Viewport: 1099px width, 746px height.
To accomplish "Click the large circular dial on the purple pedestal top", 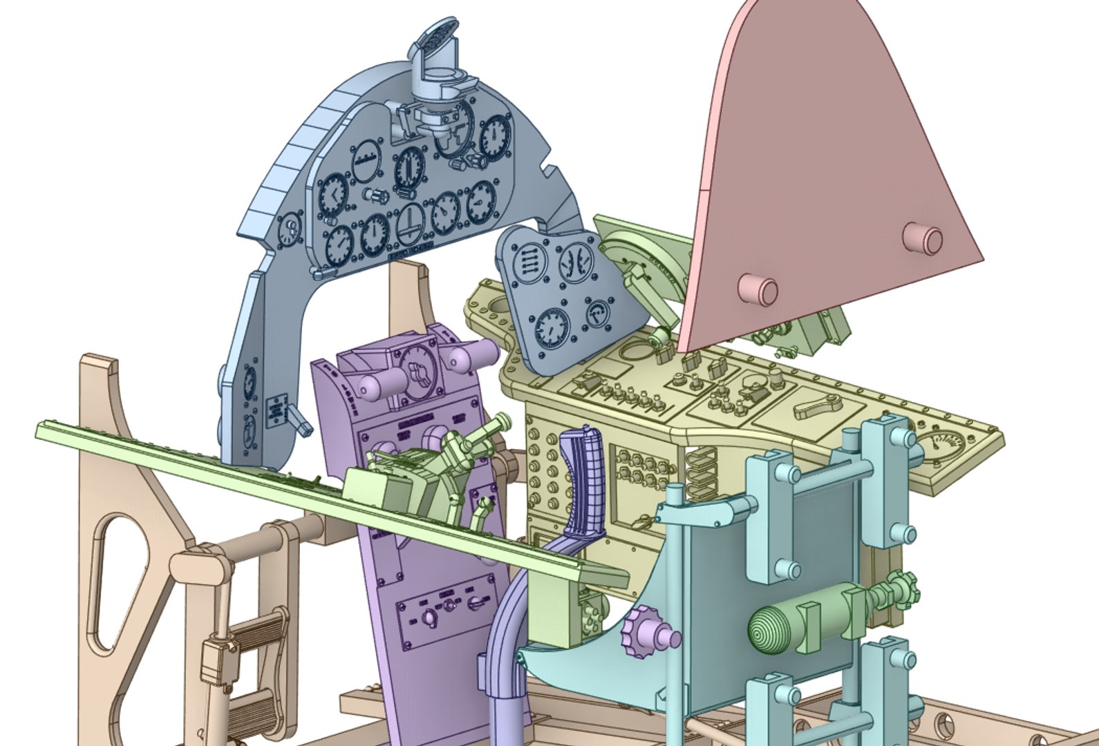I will (418, 373).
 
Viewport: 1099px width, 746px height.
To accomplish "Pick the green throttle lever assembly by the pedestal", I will (442, 463).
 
